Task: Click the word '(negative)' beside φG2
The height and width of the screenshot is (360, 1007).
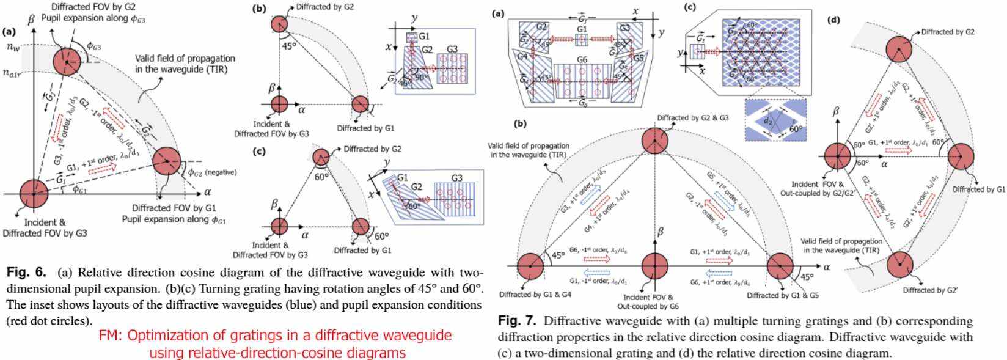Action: (220, 172)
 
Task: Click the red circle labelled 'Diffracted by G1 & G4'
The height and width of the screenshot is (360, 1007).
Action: (530, 266)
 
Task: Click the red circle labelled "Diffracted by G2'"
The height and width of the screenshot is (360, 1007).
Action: (898, 265)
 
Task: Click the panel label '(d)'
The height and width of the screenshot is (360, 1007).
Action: (833, 20)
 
